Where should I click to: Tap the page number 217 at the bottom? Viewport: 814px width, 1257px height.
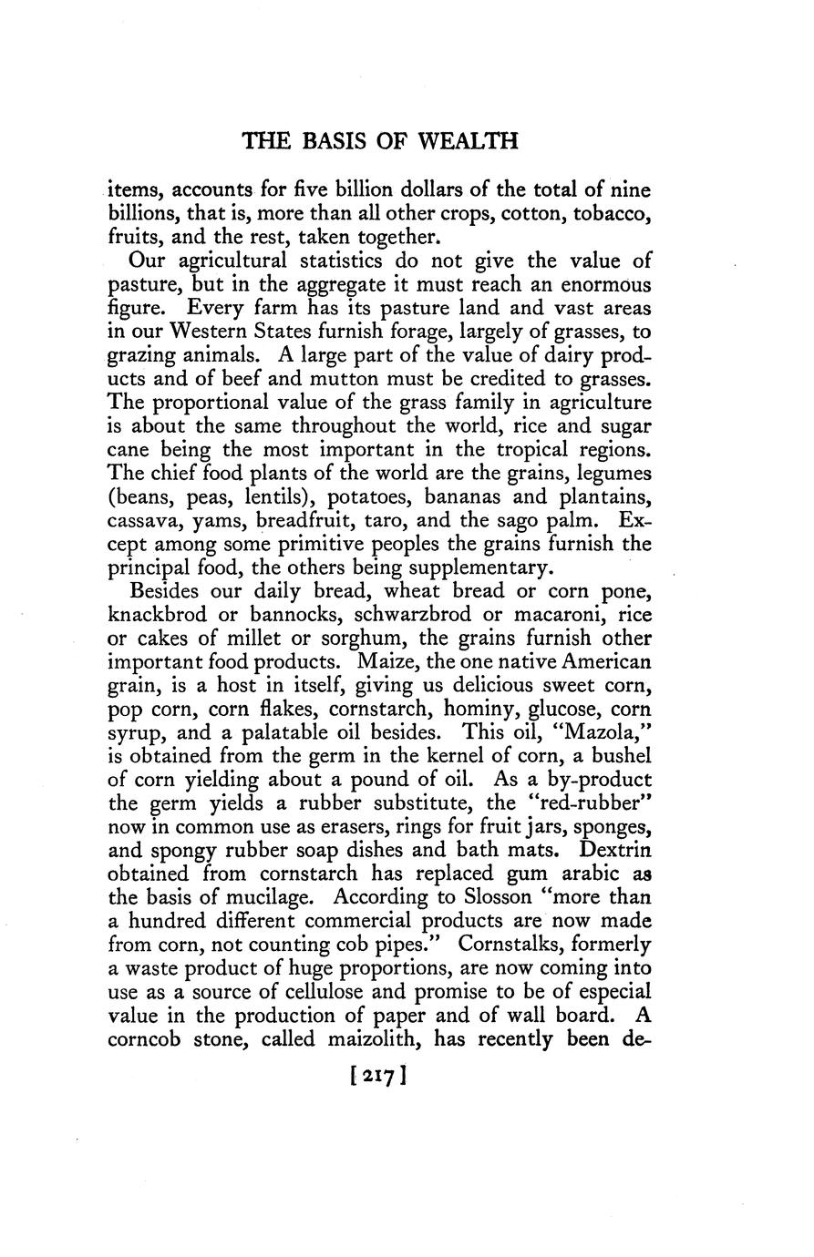pyautogui.click(x=376, y=1076)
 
